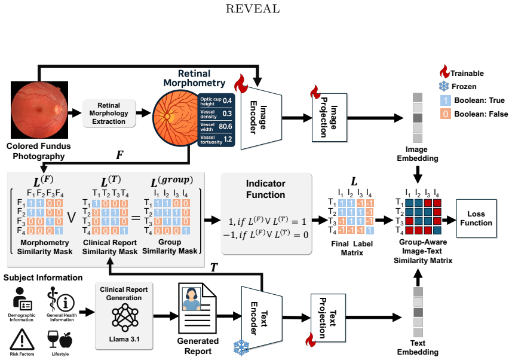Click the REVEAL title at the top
[252, 8]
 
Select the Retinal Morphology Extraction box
[109, 113]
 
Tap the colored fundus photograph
[39, 110]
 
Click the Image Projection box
[329, 117]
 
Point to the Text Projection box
[328, 318]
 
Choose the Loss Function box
[476, 218]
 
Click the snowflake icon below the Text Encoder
[241, 347]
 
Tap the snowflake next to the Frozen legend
[444, 86]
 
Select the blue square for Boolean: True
[446, 100]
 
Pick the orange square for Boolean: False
[446, 114]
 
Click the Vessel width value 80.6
[225, 127]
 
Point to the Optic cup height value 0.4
[227, 100]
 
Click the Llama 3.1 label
[124, 339]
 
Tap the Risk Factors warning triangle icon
[22, 340]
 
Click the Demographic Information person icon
[22, 299]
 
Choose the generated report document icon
[197, 308]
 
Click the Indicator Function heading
[265, 189]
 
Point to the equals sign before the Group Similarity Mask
[136, 217]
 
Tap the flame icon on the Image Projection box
[315, 92]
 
